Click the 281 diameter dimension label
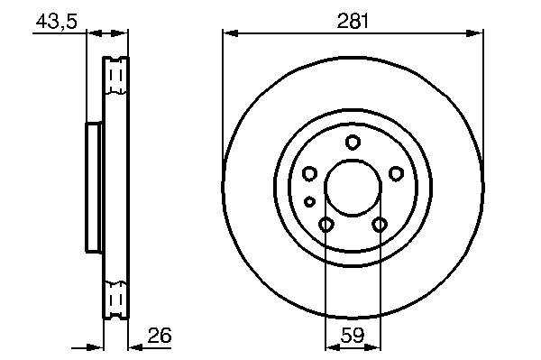pos(353,21)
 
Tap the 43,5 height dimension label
pos(57,22)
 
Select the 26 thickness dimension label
pos(160,335)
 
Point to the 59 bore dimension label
pos(353,335)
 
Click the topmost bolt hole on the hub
pos(353,143)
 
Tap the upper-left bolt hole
pos(309,173)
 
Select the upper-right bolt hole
pos(396,173)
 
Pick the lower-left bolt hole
pos(326,225)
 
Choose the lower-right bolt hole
pos(380,225)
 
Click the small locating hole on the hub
pos(309,201)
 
